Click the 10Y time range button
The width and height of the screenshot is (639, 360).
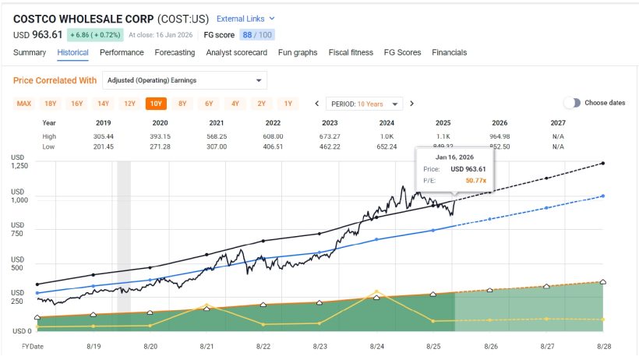tap(156, 104)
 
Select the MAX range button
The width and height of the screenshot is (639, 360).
tap(24, 104)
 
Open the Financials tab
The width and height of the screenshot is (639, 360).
tap(450, 52)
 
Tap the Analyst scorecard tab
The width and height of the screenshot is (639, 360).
tap(237, 52)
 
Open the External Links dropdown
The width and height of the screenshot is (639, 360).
tap(245, 18)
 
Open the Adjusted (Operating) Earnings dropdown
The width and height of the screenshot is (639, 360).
tap(184, 80)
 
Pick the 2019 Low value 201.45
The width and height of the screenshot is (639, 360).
tap(104, 146)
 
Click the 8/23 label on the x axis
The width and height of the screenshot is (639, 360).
tap(319, 345)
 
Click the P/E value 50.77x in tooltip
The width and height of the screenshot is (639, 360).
tap(475, 180)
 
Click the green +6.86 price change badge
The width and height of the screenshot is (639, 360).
tap(94, 35)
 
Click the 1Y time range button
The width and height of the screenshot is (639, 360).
tap(288, 104)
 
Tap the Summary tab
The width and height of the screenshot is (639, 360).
tap(30, 52)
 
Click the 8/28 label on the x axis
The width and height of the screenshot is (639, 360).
tap(603, 345)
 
